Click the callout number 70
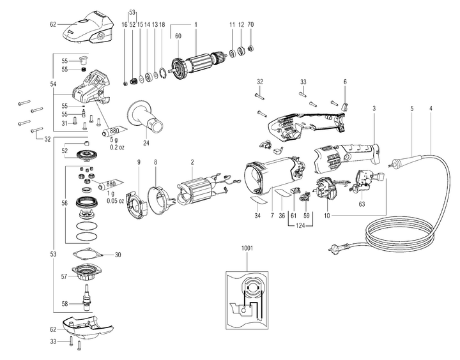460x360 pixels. [251, 24]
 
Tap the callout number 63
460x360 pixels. [362, 204]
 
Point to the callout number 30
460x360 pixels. [117, 255]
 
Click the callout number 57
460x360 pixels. [63, 277]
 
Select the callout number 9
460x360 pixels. [137, 163]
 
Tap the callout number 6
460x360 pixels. [344, 82]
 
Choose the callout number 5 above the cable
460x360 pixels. [412, 109]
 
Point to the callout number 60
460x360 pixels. [179, 36]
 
